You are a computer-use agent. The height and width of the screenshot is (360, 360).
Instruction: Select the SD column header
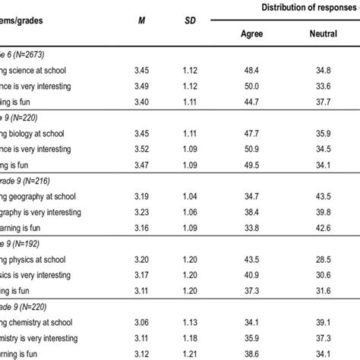(x=192, y=21)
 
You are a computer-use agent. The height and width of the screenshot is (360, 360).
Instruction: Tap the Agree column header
(x=252, y=34)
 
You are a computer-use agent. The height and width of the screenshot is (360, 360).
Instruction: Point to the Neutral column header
(x=324, y=34)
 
